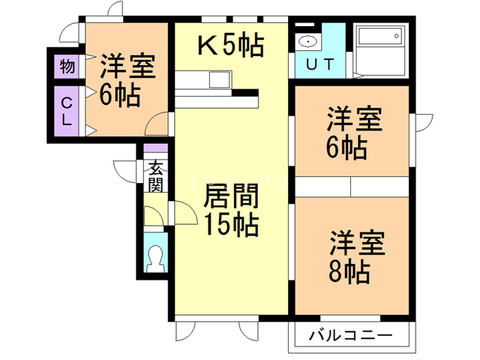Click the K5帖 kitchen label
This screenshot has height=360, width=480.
click(x=230, y=46)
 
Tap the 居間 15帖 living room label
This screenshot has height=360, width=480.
click(x=231, y=211)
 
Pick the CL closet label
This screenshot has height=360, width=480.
click(x=67, y=111)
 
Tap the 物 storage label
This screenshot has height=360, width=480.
click(x=67, y=66)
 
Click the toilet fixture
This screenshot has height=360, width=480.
click(x=156, y=257)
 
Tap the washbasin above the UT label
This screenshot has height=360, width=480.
click(x=307, y=41)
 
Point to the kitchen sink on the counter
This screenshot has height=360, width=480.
click(x=220, y=79)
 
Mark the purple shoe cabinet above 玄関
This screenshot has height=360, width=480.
click(x=155, y=149)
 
